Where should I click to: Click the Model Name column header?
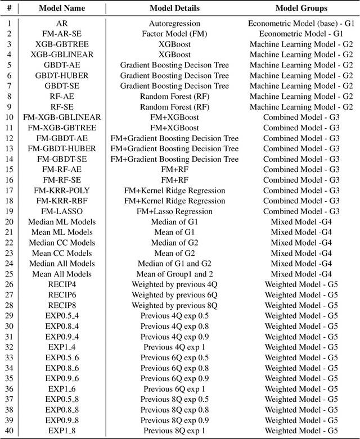pyautogui.click(x=61, y=8)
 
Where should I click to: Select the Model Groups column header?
pyautogui.click(x=301, y=8)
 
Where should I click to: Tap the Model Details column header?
pyautogui.click(x=174, y=8)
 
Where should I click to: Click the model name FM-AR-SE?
pyautogui.click(x=61, y=34)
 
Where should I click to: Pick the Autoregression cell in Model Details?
pyautogui.click(x=174, y=24)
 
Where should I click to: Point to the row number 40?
pyautogui.click(x=9, y=431)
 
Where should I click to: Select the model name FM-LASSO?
pyautogui.click(x=61, y=211)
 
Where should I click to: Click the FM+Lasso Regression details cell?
pyautogui.click(x=174, y=211)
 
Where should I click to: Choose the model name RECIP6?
pyautogui.click(x=61, y=295)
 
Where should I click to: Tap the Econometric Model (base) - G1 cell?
pyautogui.click(x=301, y=24)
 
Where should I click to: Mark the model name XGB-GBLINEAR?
pyautogui.click(x=61, y=55)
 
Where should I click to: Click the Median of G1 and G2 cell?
pyautogui.click(x=174, y=264)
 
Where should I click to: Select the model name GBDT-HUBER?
pyautogui.click(x=61, y=75)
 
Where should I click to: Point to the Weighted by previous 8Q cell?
pyautogui.click(x=174, y=305)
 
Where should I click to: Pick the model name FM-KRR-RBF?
pyautogui.click(x=61, y=201)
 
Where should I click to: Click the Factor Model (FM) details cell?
pyautogui.click(x=174, y=34)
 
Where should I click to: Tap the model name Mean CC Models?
pyautogui.click(x=61, y=253)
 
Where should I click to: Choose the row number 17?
pyautogui.click(x=9, y=191)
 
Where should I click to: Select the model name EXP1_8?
pyautogui.click(x=61, y=431)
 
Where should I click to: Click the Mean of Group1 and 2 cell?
pyautogui.click(x=174, y=274)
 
